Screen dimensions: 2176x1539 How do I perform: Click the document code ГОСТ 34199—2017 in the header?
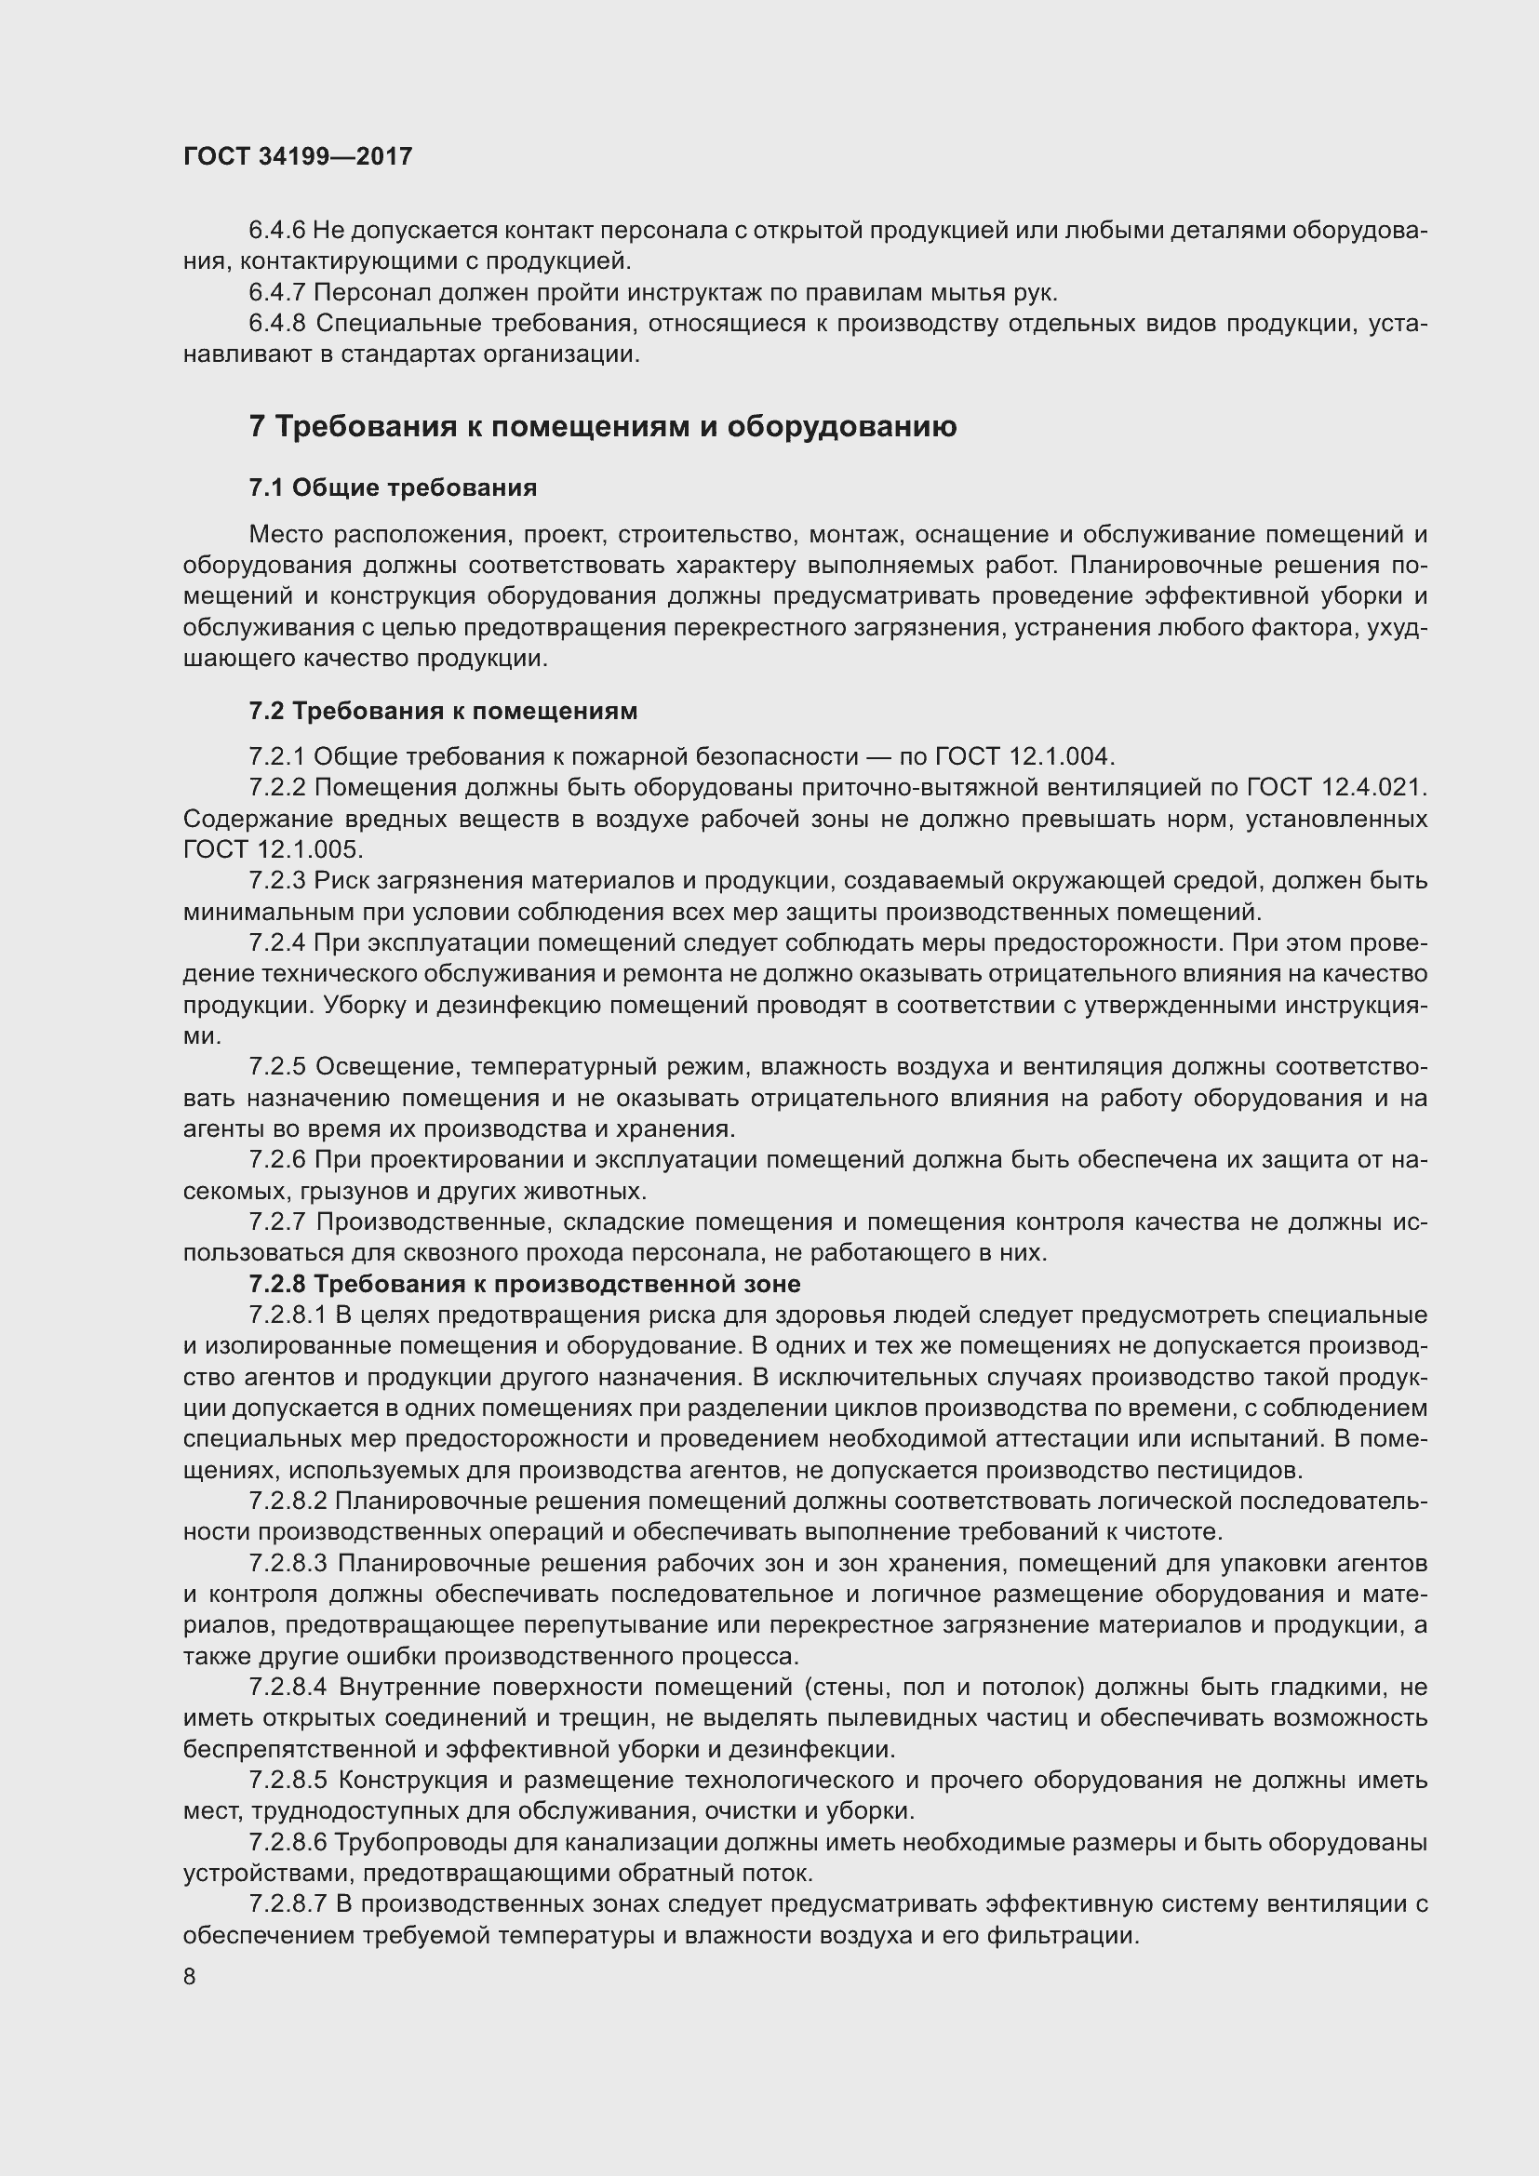pyautogui.click(x=298, y=156)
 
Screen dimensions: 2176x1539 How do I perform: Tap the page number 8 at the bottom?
pyautogui.click(x=190, y=1976)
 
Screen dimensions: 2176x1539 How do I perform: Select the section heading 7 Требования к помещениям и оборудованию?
pyautogui.click(x=603, y=426)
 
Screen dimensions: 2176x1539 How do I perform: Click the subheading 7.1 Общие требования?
pyautogui.click(x=393, y=488)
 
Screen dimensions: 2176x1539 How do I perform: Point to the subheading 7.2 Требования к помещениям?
pyautogui.click(x=443, y=711)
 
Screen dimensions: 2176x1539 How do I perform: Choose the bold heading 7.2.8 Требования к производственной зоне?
pyautogui.click(x=524, y=1284)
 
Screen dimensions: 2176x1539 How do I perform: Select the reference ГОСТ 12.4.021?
pyautogui.click(x=1334, y=788)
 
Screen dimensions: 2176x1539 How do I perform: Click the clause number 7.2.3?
pyautogui.click(x=276, y=880)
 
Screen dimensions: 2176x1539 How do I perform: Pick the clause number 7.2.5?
pyautogui.click(x=276, y=1067)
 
